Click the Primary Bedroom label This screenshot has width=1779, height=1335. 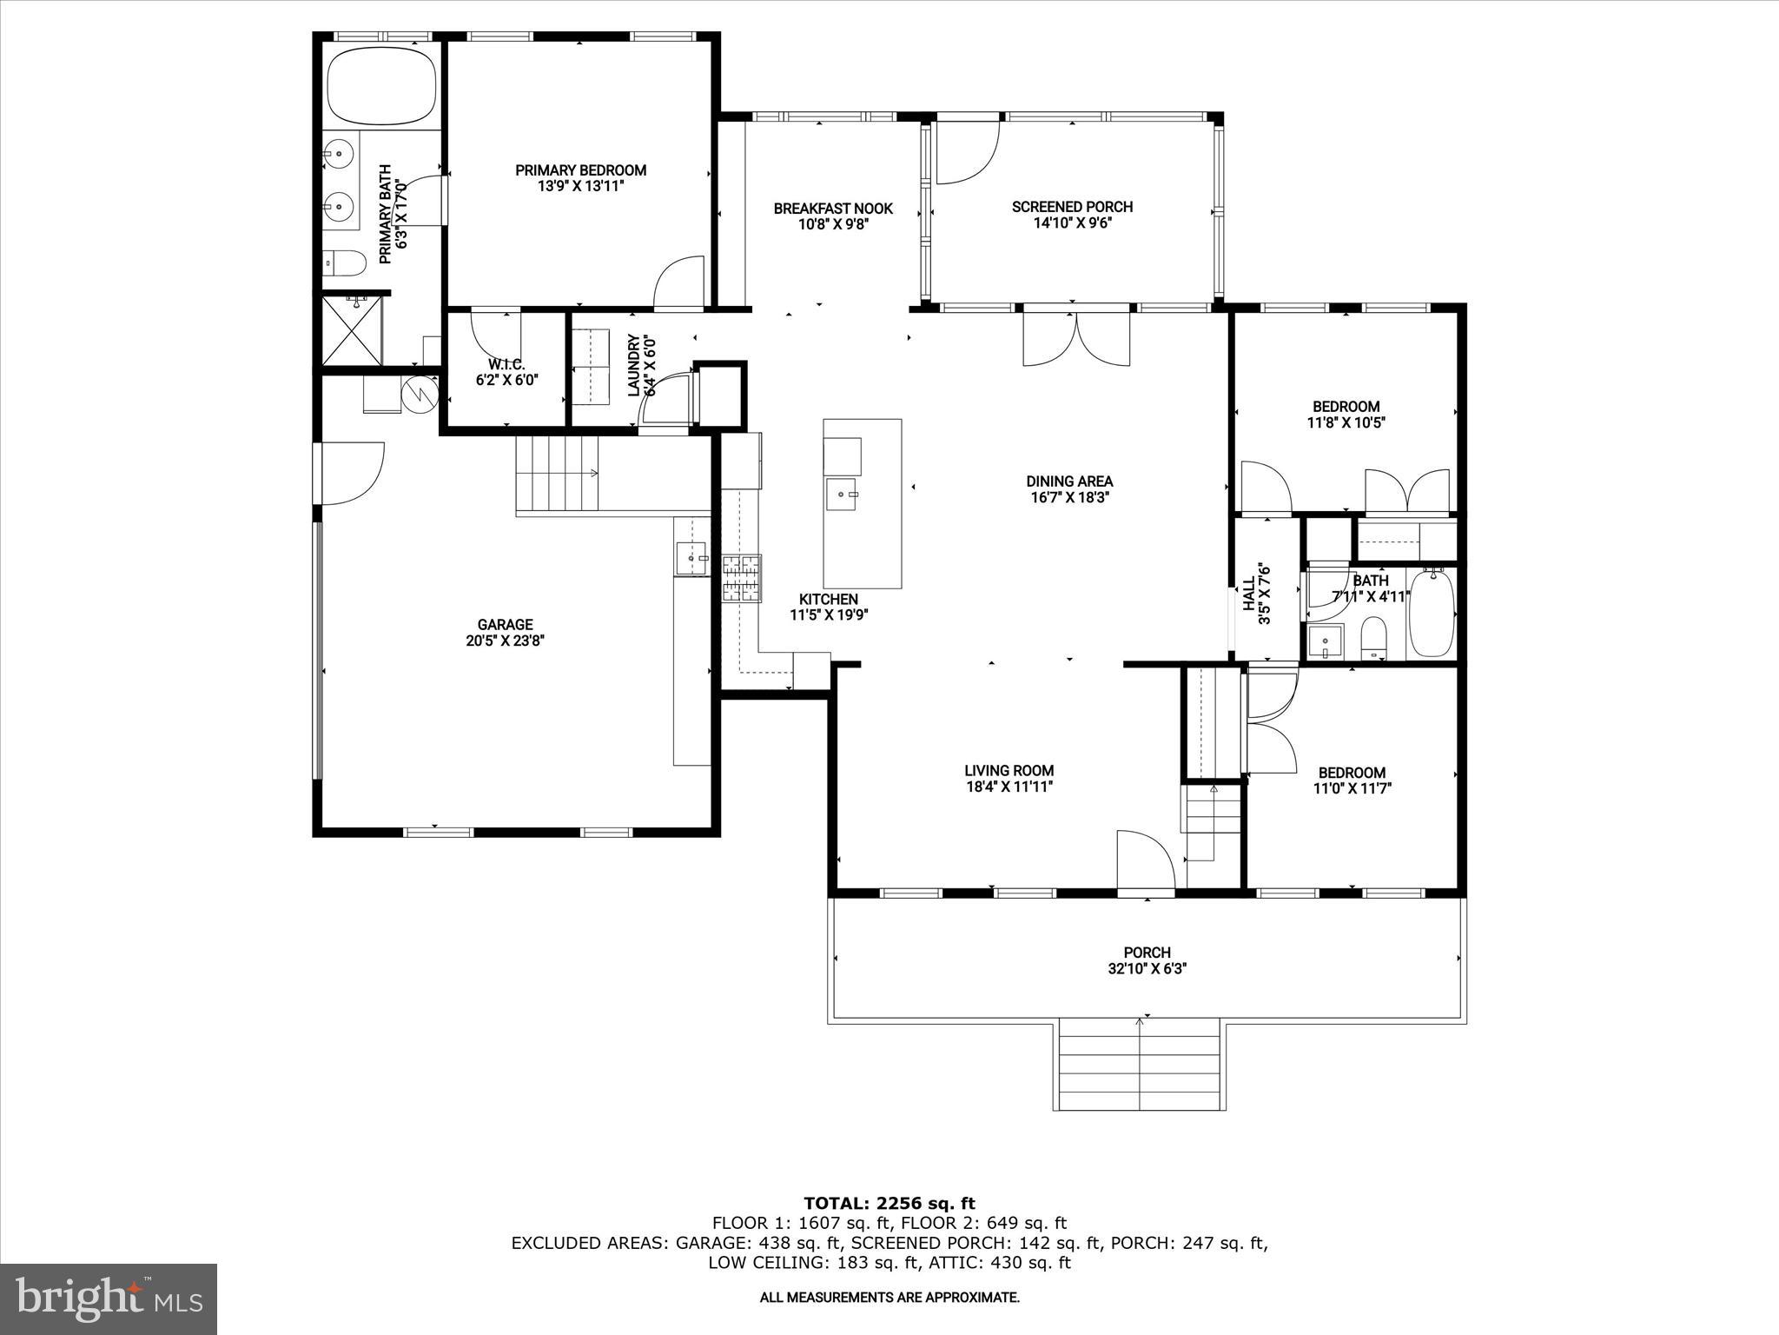tap(580, 170)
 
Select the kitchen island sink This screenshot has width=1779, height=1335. tap(843, 495)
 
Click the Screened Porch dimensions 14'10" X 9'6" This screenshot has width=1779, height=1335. tap(1072, 222)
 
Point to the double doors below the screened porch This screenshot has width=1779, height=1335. tap(1077, 340)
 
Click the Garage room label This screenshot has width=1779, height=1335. tap(505, 625)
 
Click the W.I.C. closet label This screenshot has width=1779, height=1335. tap(506, 364)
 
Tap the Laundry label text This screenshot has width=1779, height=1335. tap(633, 365)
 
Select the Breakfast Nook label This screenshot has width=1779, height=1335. tap(833, 209)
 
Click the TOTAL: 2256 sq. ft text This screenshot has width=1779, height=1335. tap(889, 1203)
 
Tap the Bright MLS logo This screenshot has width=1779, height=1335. tap(109, 1298)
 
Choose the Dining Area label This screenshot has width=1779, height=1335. tap(1068, 482)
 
